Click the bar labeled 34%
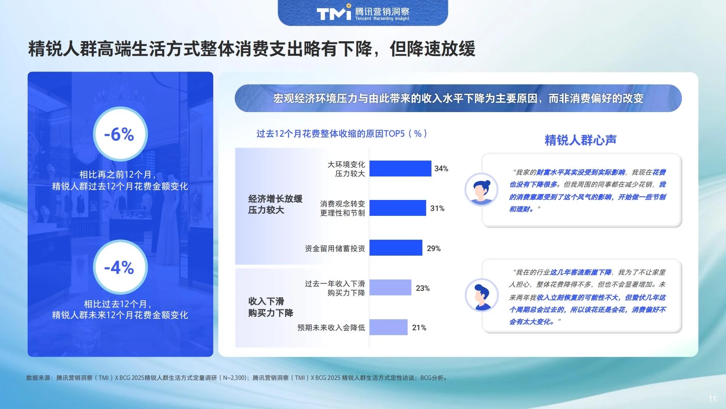tap(400, 169)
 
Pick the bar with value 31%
tap(397, 208)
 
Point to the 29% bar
tap(396, 248)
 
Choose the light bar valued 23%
tap(390, 287)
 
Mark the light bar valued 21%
tap(388, 327)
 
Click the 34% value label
tap(441, 169)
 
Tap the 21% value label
tap(419, 328)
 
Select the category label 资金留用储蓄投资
tap(335, 248)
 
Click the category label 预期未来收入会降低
tap(331, 328)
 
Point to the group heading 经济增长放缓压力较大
tap(275, 204)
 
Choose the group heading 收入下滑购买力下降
tap(270, 307)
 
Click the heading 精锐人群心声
tap(580, 140)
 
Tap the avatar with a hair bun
tap(481, 189)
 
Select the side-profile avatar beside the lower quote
tap(481, 295)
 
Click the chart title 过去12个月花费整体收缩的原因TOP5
tap(342, 134)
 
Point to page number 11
tap(712, 398)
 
